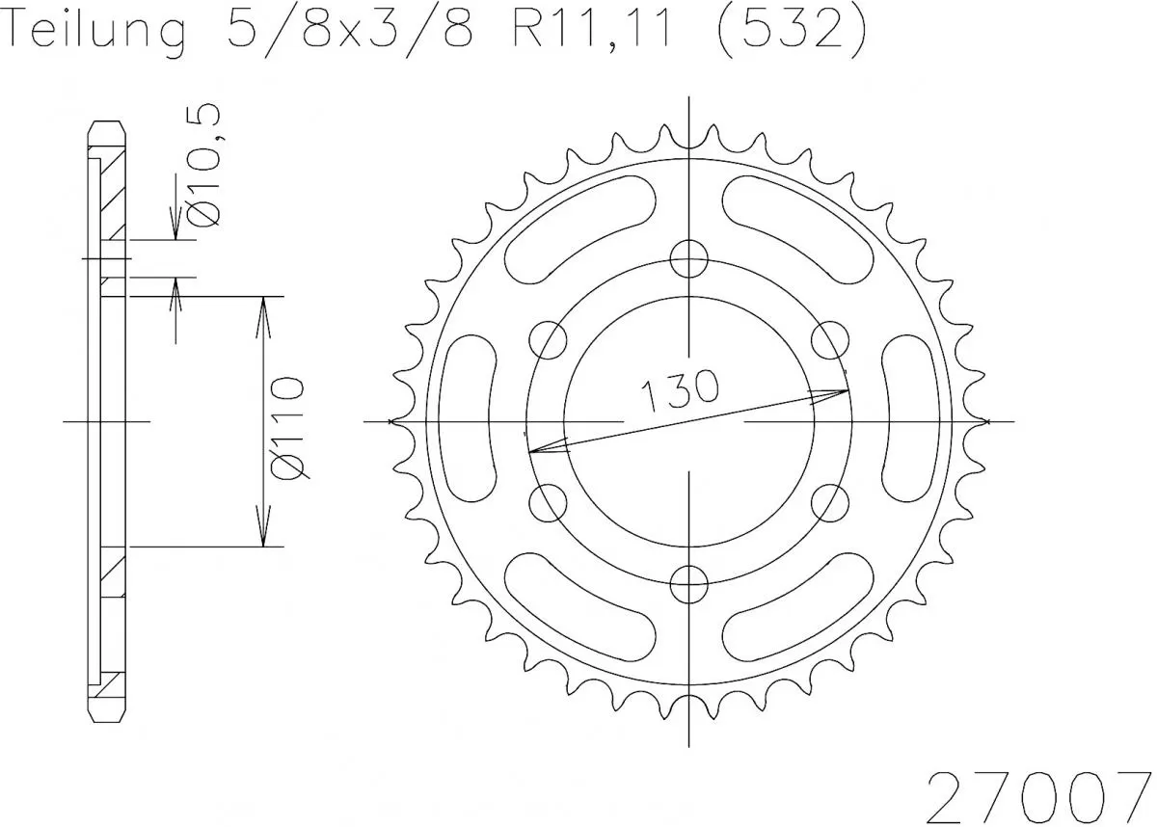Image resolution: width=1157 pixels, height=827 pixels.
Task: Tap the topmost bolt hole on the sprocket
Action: coord(688,257)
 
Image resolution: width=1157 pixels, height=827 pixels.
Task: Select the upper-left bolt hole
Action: coord(549,338)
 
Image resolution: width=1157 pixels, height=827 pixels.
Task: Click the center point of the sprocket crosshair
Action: coord(688,421)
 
